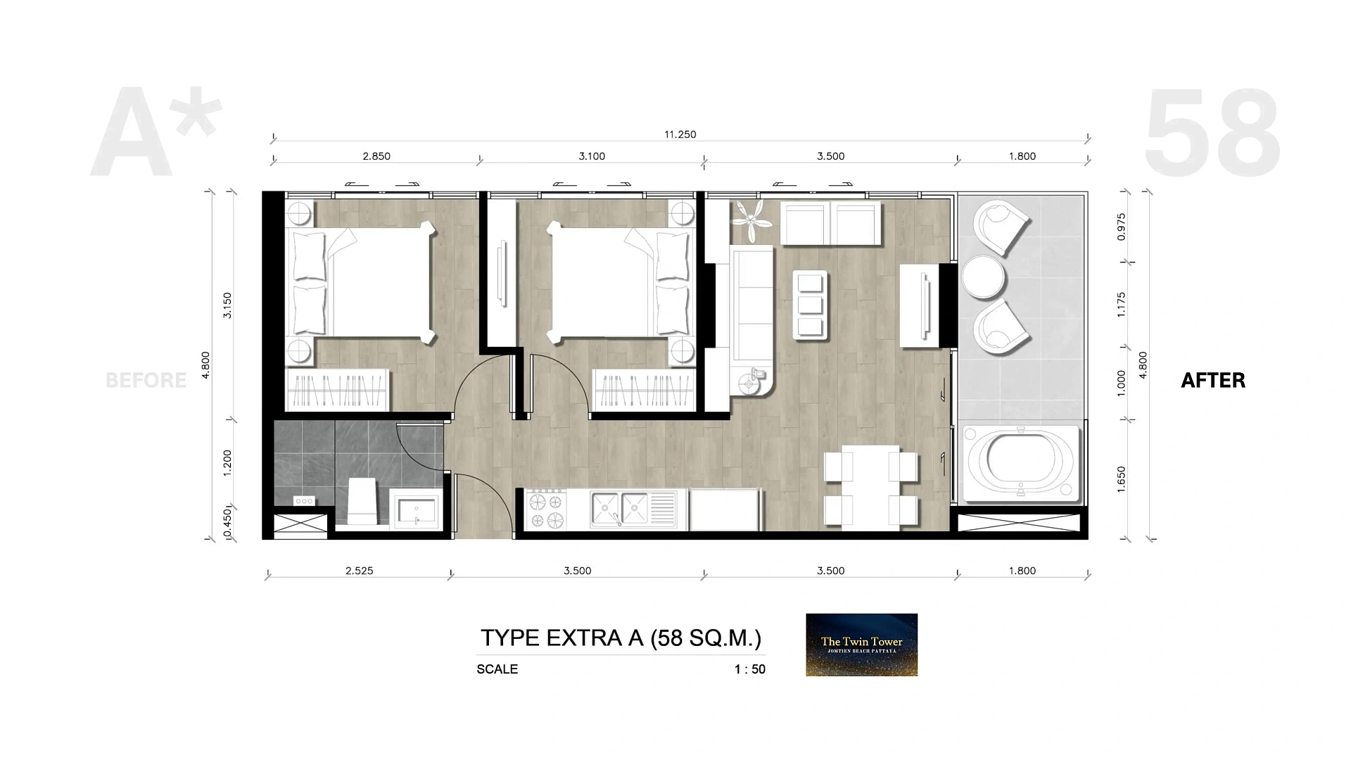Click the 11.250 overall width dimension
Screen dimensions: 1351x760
(680, 134)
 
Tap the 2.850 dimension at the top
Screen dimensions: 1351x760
(376, 156)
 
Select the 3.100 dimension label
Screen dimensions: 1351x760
(592, 156)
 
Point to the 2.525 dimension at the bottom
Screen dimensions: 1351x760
(359, 571)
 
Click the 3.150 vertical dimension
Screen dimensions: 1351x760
(227, 305)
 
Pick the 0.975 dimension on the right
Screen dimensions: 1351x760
(1122, 227)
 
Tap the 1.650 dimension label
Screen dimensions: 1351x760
(1122, 479)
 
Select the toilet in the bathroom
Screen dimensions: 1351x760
(362, 500)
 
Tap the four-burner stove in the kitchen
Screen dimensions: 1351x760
(547, 509)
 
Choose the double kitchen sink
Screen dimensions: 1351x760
(620, 509)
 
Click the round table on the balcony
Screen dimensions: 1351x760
(983, 277)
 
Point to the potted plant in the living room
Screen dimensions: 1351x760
(751, 221)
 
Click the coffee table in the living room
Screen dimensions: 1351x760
(810, 305)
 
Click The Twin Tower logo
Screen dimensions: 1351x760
(861, 645)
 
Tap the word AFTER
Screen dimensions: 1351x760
(1213, 381)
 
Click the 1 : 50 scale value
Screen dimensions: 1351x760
(749, 669)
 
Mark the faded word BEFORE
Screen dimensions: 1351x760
(146, 381)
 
